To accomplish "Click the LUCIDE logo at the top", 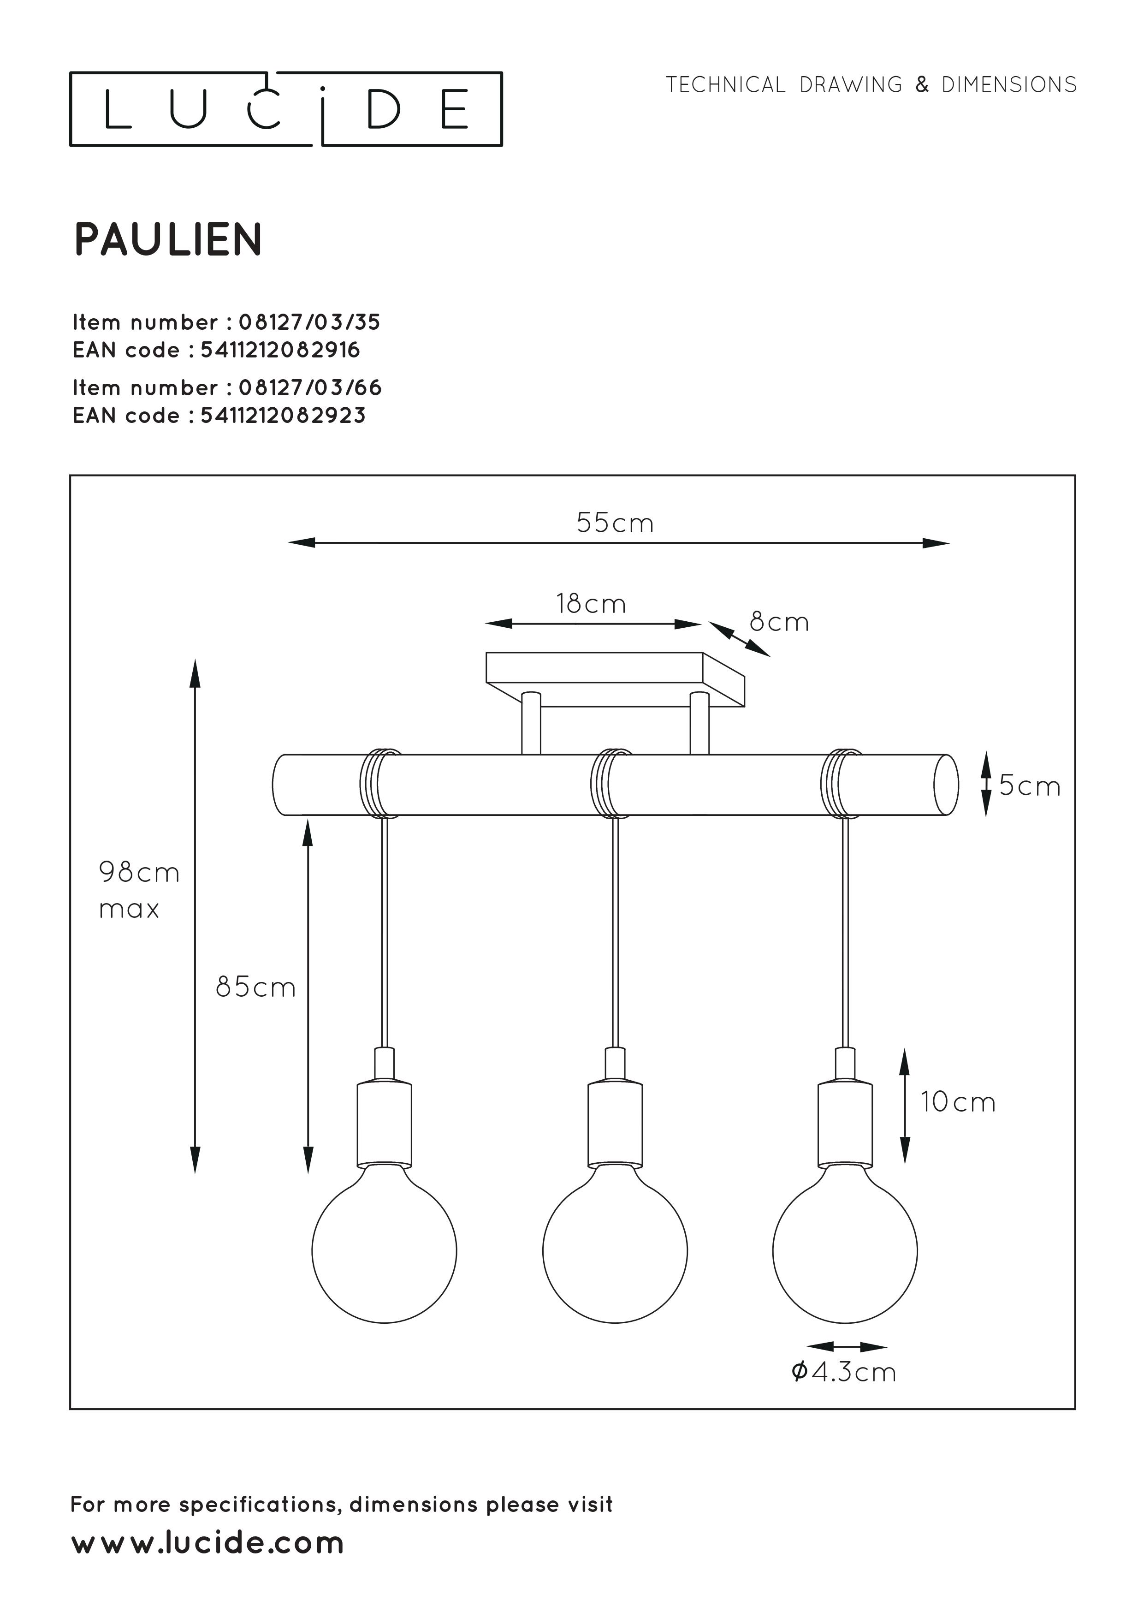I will (x=285, y=109).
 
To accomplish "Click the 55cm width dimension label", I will (x=615, y=523).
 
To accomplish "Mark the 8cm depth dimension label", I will (x=779, y=622).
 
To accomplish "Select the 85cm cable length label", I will (x=255, y=987).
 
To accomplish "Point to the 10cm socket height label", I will (x=958, y=1102).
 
